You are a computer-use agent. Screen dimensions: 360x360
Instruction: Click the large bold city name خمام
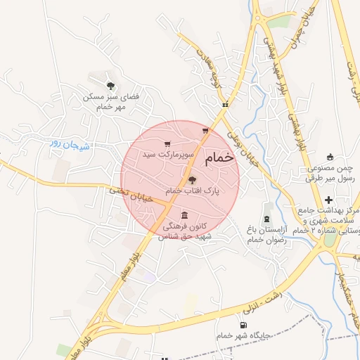(x=220, y=160)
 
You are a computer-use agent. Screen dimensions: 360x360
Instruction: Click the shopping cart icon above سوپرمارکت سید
(x=167, y=144)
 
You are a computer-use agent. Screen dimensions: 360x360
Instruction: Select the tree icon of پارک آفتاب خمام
(x=193, y=180)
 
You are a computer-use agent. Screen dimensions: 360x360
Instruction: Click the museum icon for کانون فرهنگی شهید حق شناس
(x=184, y=215)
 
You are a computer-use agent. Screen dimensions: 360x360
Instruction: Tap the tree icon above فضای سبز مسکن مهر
(x=109, y=84)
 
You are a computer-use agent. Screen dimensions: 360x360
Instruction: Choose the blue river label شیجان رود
(x=65, y=143)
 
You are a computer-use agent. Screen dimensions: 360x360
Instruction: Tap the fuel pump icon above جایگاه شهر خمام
(x=243, y=325)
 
